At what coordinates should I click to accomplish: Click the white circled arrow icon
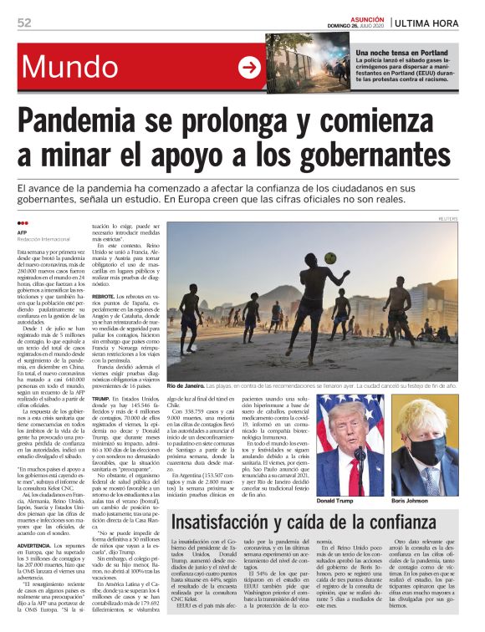point(249,67)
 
